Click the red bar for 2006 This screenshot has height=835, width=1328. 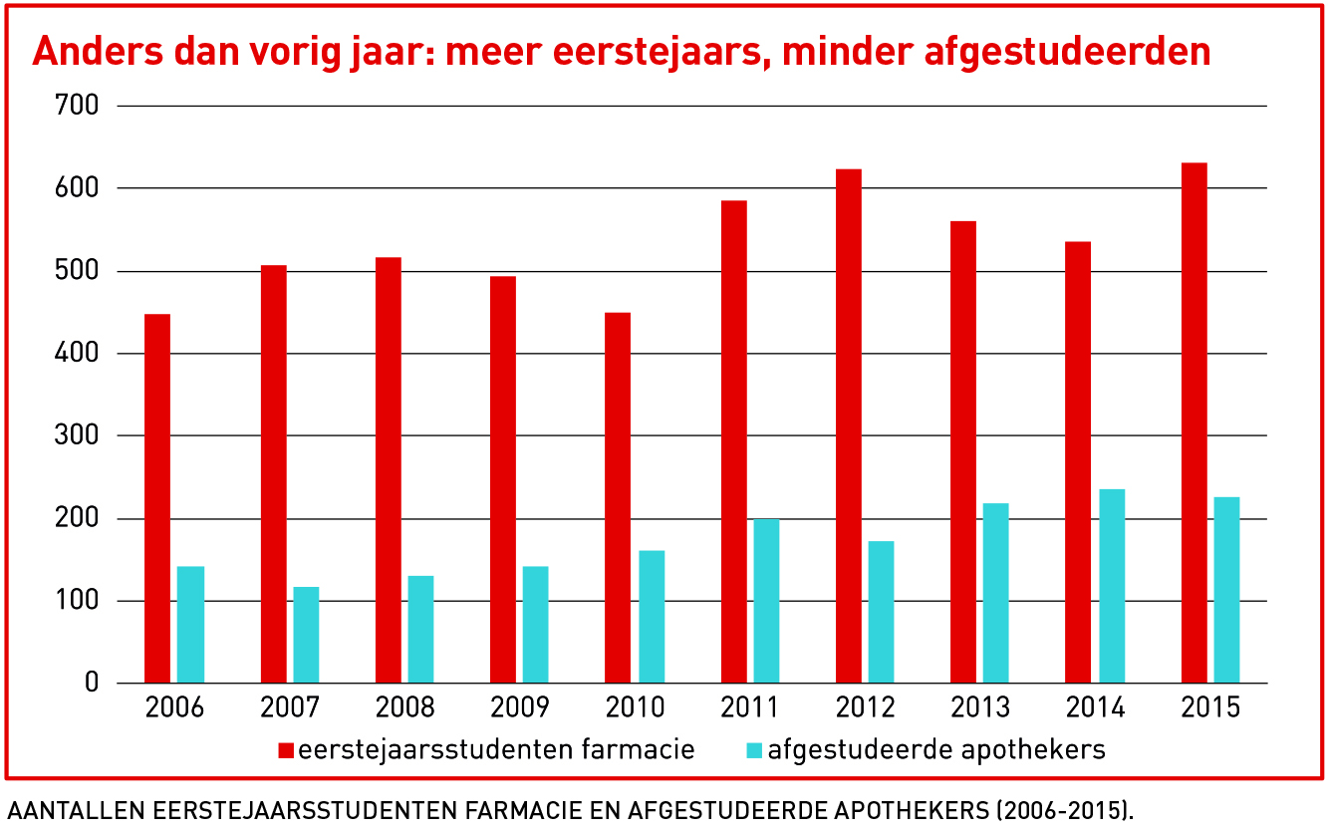coord(157,498)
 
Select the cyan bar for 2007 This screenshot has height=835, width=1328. coord(306,635)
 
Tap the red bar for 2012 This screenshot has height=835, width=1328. coord(849,425)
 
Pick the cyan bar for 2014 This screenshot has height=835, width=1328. coord(1112,586)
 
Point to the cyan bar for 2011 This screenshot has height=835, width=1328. coord(766,601)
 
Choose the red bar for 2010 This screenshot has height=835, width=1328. coord(618,498)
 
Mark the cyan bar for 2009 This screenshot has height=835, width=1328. coord(536,625)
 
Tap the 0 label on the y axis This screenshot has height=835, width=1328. coord(92,684)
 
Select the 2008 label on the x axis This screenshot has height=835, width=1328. coord(404,708)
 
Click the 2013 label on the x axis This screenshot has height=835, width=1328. coord(980,708)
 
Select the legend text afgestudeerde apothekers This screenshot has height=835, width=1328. coord(936,749)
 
